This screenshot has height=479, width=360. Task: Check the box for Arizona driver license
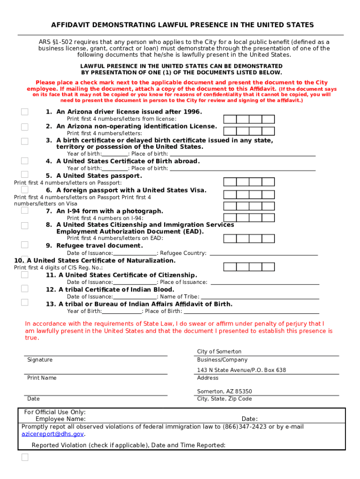tap(25, 112)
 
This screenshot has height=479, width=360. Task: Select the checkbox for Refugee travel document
tap(25, 245)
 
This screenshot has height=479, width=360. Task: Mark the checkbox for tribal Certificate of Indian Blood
tap(25, 289)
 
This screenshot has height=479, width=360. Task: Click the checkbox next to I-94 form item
tap(25, 210)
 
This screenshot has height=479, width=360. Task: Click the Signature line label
tap(40, 360)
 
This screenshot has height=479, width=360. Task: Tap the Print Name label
tap(42, 377)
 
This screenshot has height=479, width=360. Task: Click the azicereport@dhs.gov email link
tap(53, 434)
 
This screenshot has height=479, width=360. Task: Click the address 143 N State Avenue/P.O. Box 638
tap(241, 370)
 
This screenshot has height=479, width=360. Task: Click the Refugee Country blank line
tap(264, 253)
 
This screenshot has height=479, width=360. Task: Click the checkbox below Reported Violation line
tap(25, 457)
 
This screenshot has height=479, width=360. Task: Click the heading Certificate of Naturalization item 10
tap(95, 261)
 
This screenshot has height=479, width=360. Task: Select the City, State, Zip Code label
tap(224, 399)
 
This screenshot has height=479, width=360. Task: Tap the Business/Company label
tap(222, 360)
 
